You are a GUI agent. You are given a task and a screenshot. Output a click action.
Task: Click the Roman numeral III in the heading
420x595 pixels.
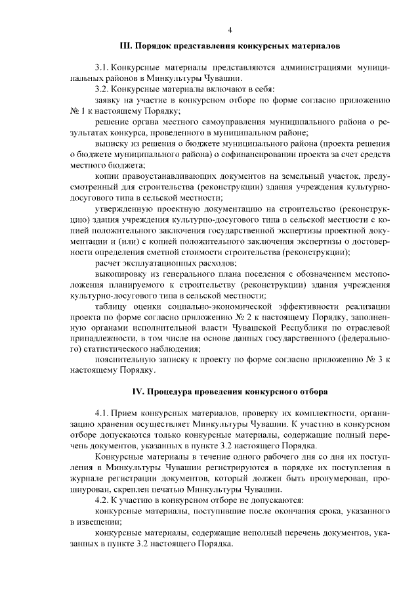coord(127,47)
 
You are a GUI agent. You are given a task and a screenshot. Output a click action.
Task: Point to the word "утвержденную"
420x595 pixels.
coord(124,208)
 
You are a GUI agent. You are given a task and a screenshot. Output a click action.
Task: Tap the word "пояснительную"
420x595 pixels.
coord(126,360)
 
